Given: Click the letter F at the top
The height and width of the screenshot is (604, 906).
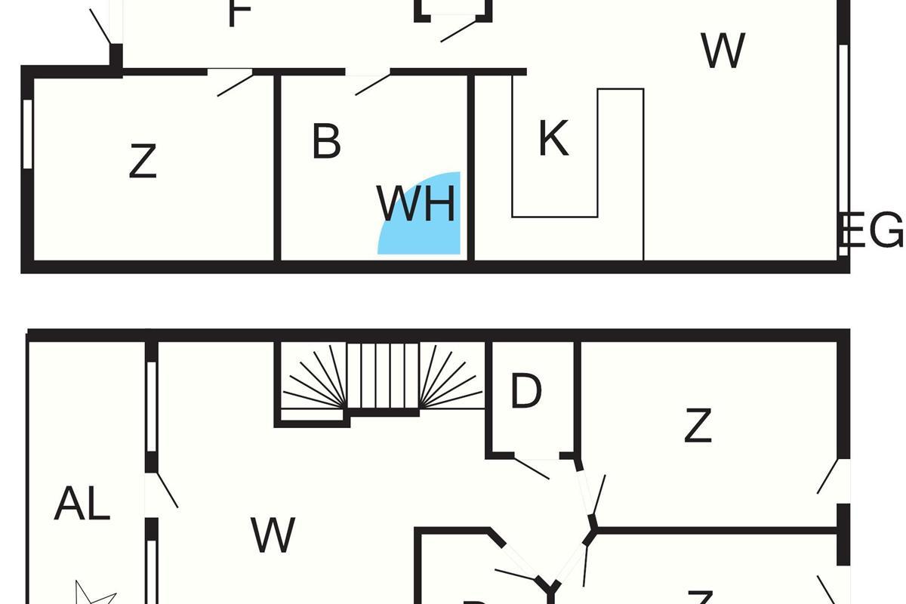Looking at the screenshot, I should [x=239, y=14].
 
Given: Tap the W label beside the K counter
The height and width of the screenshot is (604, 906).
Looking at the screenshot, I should [x=723, y=51].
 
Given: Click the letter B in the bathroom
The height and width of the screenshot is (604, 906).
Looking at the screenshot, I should [x=326, y=141].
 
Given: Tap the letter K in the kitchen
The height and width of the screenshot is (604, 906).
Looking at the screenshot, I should [x=553, y=139].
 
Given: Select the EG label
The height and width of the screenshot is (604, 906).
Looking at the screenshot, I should [x=871, y=231].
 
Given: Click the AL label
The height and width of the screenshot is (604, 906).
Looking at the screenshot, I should [x=82, y=504].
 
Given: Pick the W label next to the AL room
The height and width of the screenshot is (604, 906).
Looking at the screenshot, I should [x=273, y=535].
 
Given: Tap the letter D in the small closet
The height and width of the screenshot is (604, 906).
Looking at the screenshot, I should [x=526, y=391].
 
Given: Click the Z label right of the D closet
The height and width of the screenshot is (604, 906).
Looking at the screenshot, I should [x=698, y=426].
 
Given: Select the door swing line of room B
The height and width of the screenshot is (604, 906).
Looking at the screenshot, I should [x=372, y=83].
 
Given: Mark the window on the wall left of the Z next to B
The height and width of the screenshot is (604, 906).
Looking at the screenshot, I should [x=27, y=134].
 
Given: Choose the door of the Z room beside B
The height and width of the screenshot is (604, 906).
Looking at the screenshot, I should [x=235, y=82].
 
